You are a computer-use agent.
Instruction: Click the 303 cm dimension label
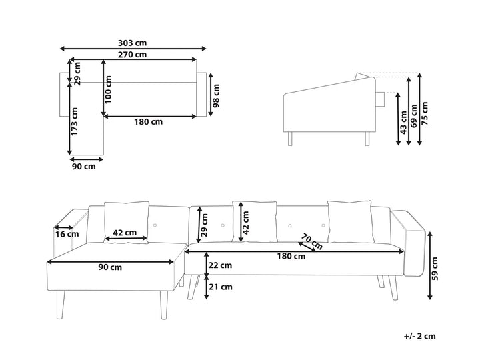point(132,43)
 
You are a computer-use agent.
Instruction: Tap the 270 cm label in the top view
point(132,55)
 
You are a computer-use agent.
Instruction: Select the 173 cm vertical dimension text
point(75,121)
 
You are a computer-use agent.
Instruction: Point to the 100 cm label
point(108,89)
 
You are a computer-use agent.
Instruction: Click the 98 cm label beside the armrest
point(216,96)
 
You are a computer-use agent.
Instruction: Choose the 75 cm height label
point(425,113)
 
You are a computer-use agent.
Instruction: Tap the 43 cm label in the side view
point(404,123)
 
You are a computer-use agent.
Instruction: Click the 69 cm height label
point(414,116)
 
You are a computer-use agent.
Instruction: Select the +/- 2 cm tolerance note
point(420,336)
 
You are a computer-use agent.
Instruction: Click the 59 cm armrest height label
point(435,269)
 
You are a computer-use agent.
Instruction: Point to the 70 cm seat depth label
point(311,241)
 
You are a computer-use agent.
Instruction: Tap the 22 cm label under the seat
point(220,265)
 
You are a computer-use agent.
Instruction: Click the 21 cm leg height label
point(220,287)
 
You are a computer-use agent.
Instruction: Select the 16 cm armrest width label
point(67,234)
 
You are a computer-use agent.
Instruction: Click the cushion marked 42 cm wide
point(126,223)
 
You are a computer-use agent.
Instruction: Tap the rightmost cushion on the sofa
point(351,222)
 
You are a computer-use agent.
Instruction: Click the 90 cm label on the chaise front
point(110,267)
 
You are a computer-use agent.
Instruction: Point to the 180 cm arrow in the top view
point(150,116)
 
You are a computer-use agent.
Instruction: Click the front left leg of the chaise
point(61,305)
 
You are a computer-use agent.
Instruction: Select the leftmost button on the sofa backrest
point(155,225)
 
